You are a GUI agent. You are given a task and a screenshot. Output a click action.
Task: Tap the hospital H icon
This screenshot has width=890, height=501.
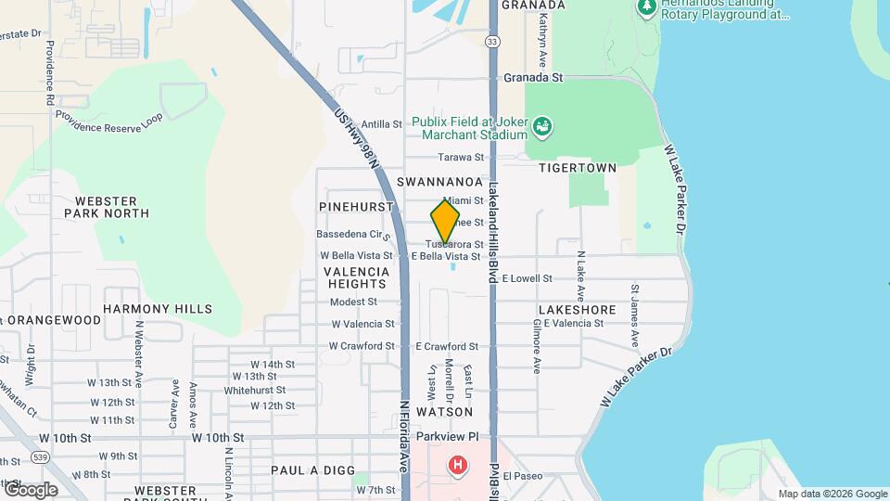456,464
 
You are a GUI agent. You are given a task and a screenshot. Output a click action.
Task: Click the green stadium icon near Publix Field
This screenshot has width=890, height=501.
542,125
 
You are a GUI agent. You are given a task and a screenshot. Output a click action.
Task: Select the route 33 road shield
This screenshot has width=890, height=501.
492,42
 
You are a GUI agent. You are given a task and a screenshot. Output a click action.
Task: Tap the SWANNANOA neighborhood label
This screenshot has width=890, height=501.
440,182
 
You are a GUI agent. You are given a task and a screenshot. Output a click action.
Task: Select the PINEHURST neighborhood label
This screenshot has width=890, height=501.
350,206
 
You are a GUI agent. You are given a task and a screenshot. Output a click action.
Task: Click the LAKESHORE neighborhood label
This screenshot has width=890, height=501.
576,309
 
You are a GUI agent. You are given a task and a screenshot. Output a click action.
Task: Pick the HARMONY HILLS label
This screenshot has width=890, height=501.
158,309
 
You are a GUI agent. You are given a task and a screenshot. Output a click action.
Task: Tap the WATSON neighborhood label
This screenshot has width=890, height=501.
445,412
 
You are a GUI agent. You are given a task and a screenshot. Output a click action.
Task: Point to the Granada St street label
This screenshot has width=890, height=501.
533,79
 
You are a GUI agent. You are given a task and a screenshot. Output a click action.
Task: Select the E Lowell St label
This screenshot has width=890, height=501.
527,278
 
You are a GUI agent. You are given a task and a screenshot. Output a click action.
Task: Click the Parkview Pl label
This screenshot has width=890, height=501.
446,436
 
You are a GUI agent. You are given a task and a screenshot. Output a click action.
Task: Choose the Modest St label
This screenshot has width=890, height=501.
353,302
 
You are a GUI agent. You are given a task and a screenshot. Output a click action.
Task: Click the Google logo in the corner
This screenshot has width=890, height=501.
30,489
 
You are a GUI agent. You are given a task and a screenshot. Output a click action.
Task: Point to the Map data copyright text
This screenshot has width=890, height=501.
832,494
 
